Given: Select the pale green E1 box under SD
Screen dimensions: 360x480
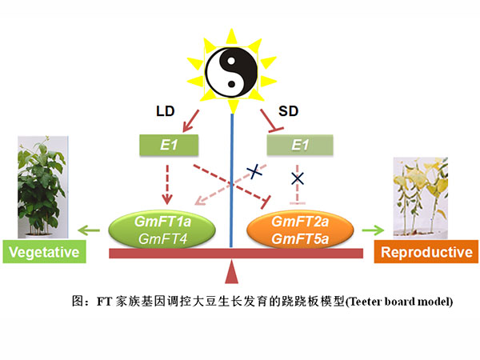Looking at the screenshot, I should point(298,146).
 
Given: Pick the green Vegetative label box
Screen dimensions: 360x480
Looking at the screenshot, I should point(45,254).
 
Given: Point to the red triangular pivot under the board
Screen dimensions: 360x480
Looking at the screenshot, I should point(232,272).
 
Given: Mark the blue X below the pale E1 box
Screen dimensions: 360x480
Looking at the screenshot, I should point(298,176).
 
